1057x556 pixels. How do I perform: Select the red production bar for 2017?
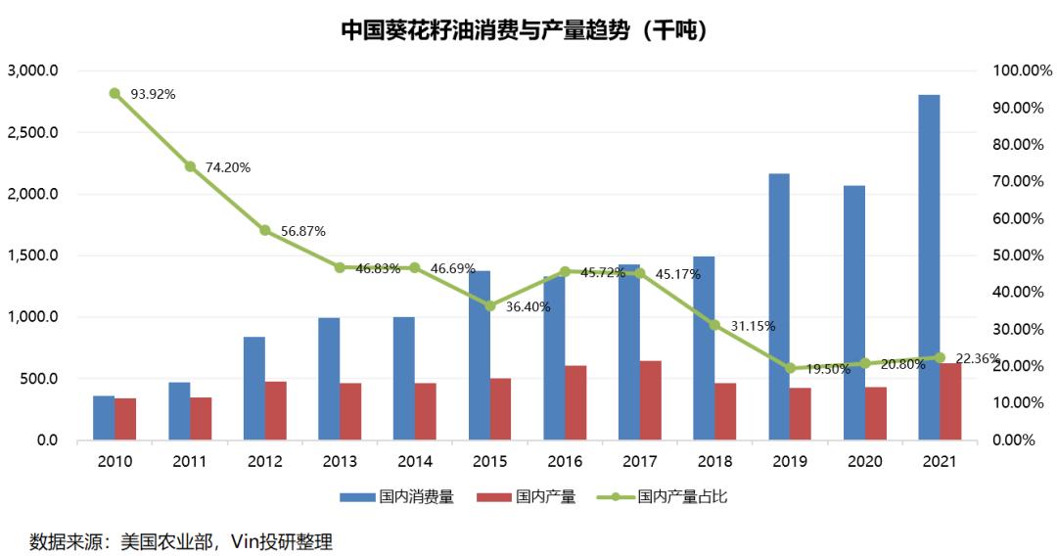pos(650,400)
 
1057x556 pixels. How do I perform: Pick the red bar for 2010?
pos(125,419)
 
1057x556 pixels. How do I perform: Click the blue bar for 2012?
pos(253,389)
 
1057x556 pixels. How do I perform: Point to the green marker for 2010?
pos(115,94)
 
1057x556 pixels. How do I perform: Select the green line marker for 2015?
pos(490,305)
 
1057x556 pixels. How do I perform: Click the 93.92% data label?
pos(152,94)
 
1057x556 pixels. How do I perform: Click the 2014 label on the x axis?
pos(415,460)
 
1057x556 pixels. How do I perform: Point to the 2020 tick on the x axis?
pos(865,460)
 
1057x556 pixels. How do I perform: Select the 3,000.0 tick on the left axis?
pos(34,71)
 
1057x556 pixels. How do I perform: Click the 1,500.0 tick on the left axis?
pos(34,255)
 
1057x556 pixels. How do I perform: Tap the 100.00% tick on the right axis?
pos(1021,71)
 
